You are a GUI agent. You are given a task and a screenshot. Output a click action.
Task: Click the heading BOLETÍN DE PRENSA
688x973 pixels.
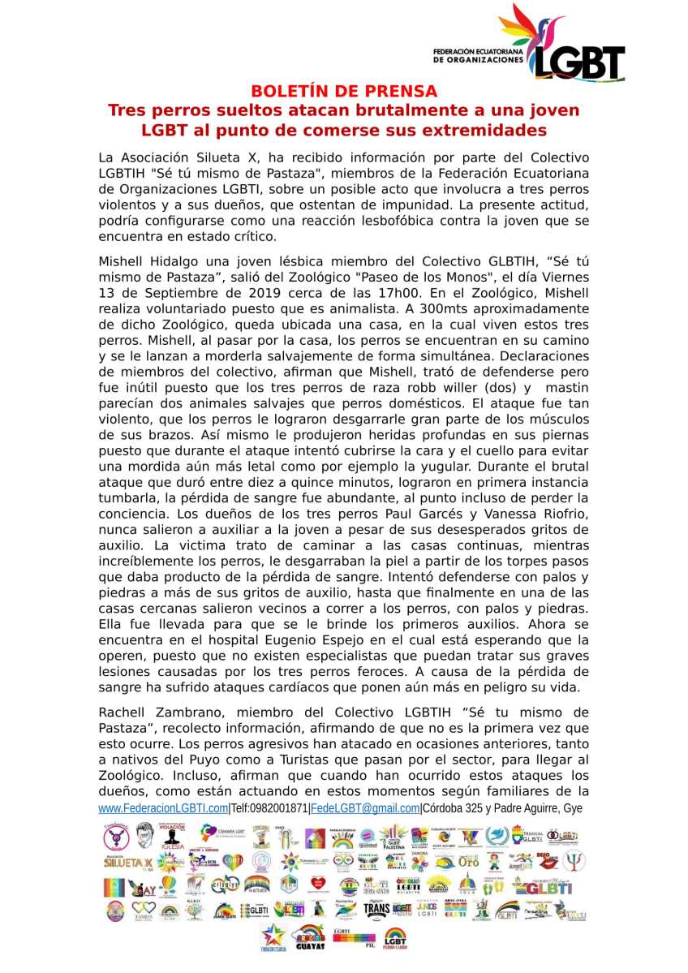(x=343, y=91)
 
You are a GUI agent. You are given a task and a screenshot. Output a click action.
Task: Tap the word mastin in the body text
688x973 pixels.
(x=567, y=387)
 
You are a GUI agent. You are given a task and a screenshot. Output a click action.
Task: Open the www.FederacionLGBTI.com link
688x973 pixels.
(x=163, y=808)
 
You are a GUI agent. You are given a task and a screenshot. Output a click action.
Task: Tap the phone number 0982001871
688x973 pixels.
(x=280, y=808)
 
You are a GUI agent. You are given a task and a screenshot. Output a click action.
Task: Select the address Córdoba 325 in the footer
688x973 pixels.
(x=456, y=808)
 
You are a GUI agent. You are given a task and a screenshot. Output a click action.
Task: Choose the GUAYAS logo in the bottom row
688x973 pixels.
(x=308, y=938)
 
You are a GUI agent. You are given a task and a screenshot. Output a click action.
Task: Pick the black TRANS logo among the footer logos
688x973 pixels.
(x=376, y=909)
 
